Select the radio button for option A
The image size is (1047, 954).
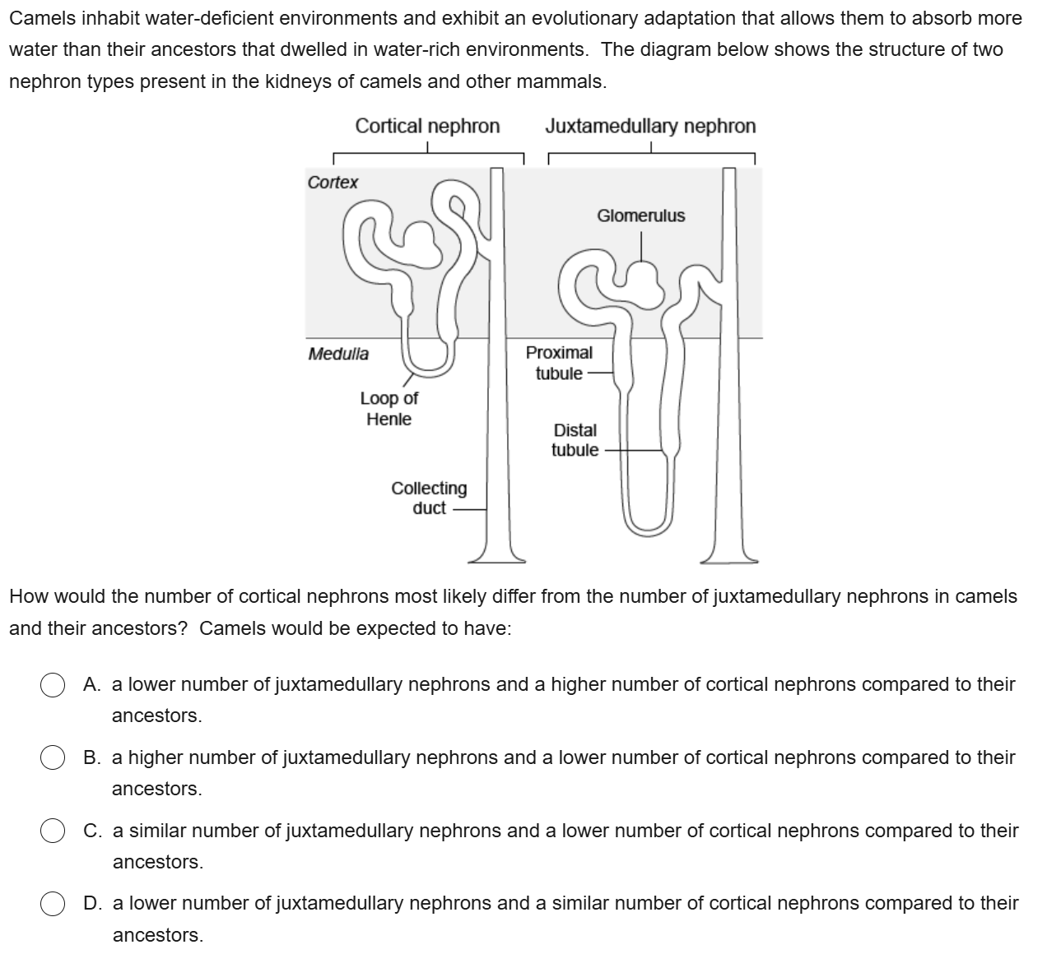[54, 685]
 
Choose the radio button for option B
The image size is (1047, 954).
[54, 758]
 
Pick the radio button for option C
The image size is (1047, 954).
[54, 831]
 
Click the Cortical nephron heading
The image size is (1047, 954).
[427, 127]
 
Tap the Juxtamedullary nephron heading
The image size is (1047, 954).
[649, 127]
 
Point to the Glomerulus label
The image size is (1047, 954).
[640, 216]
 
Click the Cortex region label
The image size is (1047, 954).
[333, 183]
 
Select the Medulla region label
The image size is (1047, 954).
[338, 354]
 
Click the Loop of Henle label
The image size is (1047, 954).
[389, 409]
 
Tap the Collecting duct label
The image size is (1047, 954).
[429, 498]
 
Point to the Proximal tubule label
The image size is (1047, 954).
[559, 363]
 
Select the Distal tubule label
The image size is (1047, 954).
[575, 440]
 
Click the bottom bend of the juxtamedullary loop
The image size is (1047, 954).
[649, 527]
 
